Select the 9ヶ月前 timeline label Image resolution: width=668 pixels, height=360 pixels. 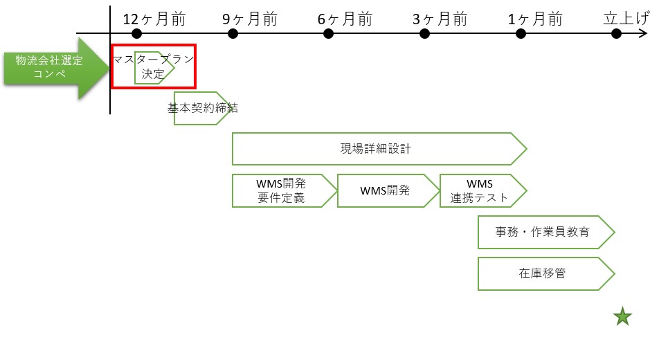point(250,19)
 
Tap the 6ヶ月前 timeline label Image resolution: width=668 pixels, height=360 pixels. point(345,19)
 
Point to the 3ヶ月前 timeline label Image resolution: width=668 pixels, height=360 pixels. point(440,19)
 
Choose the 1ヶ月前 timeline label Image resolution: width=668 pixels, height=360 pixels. point(535,19)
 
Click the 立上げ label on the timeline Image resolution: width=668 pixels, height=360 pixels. point(626,19)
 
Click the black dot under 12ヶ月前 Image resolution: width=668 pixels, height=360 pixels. point(136,33)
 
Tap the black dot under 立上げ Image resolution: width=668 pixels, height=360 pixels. point(615,33)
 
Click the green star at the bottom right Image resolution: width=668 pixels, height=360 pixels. point(623,317)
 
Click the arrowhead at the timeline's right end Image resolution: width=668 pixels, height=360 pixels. point(643,33)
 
